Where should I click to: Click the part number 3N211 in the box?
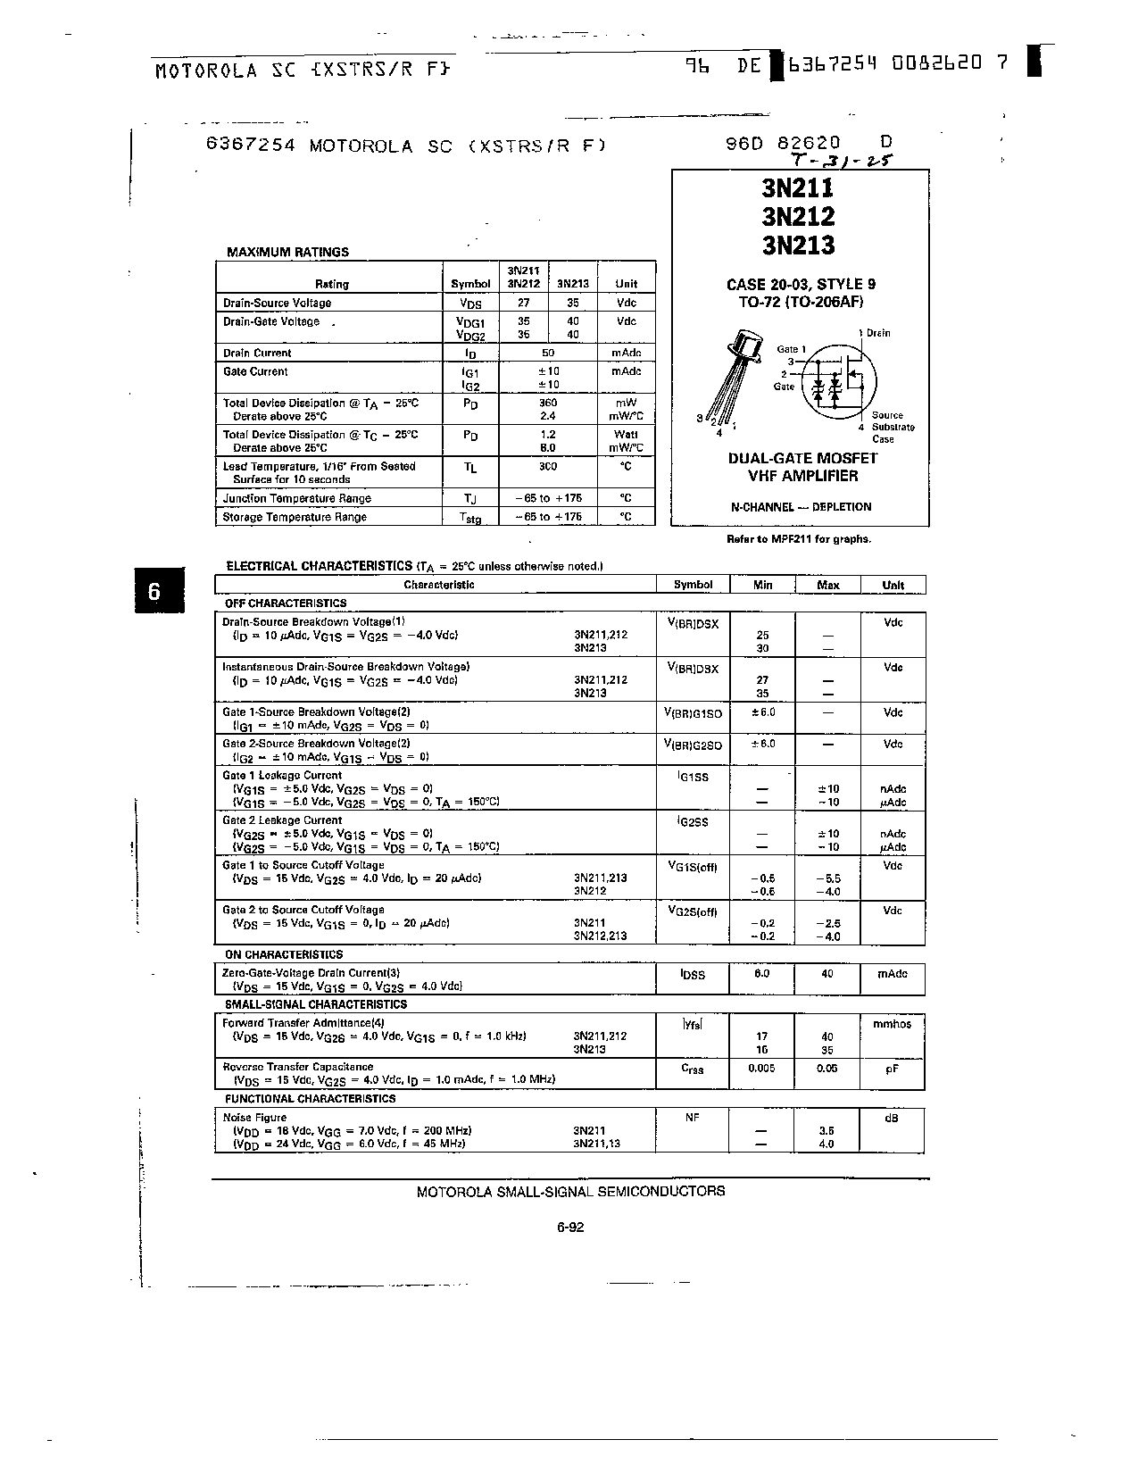coord(798,188)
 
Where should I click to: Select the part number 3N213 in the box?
coord(798,245)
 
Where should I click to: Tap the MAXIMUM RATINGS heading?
coord(287,252)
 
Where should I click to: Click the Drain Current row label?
coord(257,353)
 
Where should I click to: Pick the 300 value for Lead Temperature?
coord(547,466)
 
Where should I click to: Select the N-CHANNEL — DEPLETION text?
coord(801,507)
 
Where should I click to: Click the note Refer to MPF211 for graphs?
coord(800,539)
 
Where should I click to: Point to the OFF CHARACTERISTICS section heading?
coord(285,603)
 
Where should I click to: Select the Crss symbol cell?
coord(692,1069)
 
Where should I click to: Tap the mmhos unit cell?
coord(892,1024)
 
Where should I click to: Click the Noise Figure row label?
coord(254,1117)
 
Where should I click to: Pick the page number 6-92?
coord(569,1227)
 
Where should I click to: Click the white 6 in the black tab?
coord(154,591)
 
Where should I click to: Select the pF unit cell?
coord(892,1068)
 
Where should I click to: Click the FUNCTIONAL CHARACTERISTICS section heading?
coord(310,1099)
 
